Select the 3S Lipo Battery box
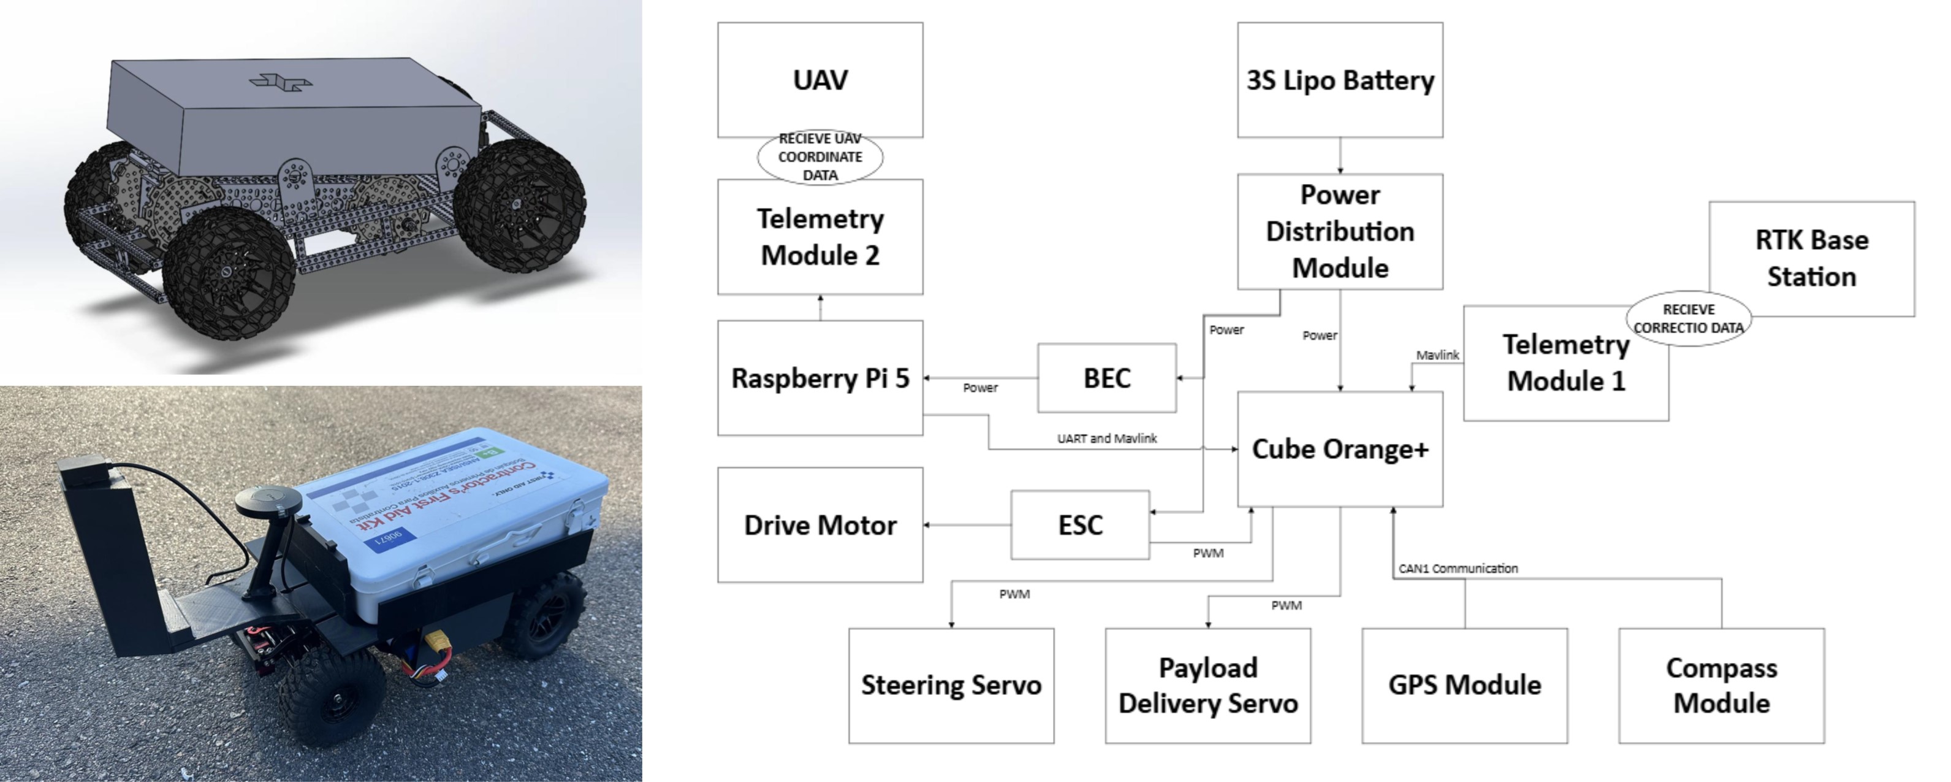coord(1339,80)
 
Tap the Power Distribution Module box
coord(1339,231)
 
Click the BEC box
coord(1106,377)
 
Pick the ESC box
coord(1079,524)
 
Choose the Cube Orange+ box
coord(1339,448)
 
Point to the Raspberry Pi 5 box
coord(820,377)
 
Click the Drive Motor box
coord(820,524)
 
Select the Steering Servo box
coord(951,685)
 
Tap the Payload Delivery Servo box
coord(1207,685)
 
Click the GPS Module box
coord(1464,685)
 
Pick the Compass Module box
coord(1721,685)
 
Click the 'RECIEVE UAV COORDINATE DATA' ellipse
coord(820,157)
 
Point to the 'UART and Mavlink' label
coord(1106,438)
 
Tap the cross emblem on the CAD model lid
coord(280,81)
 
